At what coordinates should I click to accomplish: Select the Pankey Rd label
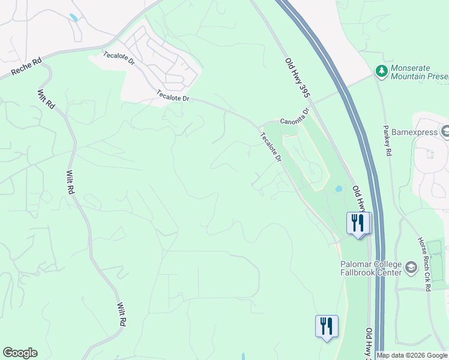(x=387, y=141)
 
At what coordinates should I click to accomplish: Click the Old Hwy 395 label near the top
(x=297, y=74)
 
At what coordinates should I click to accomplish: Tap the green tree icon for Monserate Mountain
(x=381, y=72)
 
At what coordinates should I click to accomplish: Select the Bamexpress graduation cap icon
(x=445, y=130)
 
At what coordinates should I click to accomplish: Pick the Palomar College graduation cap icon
(x=411, y=267)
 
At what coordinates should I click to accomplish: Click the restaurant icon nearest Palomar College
(x=358, y=223)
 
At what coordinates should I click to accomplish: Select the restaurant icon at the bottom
(x=327, y=326)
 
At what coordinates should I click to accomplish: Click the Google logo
(x=20, y=353)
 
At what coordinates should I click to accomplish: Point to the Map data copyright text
(x=412, y=356)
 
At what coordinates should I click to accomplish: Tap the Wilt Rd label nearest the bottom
(x=121, y=314)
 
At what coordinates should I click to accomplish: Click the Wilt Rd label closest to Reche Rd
(x=46, y=99)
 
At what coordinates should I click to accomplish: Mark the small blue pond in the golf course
(x=339, y=188)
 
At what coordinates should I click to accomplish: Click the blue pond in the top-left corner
(x=73, y=18)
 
